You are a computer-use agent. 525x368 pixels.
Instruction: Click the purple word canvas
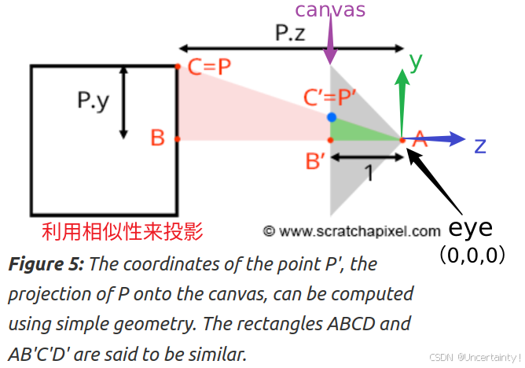click(x=330, y=10)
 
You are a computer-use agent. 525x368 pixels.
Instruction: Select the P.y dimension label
click(x=94, y=102)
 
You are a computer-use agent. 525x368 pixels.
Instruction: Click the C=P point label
click(x=209, y=67)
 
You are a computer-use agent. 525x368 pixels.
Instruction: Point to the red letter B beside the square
click(x=157, y=138)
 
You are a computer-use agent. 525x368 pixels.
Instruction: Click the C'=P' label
click(x=330, y=98)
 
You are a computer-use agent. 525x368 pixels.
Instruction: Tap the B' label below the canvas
click(x=317, y=162)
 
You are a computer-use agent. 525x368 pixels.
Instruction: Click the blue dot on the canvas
click(x=332, y=117)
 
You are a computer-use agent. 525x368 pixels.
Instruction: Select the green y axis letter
click(x=417, y=59)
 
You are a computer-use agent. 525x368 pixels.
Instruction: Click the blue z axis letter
click(x=480, y=145)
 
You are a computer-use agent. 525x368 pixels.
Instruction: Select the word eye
click(x=470, y=229)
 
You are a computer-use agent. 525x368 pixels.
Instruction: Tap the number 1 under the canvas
click(x=368, y=172)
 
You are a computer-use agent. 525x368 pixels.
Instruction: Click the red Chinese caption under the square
click(x=123, y=231)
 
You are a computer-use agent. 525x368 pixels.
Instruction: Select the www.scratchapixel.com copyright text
click(x=351, y=231)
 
